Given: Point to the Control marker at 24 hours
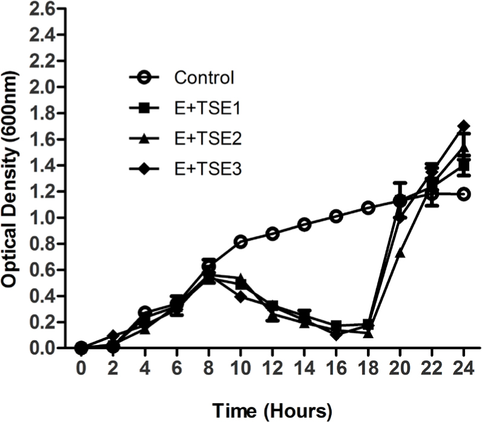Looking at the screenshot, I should (x=464, y=194).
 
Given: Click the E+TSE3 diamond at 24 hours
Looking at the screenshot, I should (x=464, y=126).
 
